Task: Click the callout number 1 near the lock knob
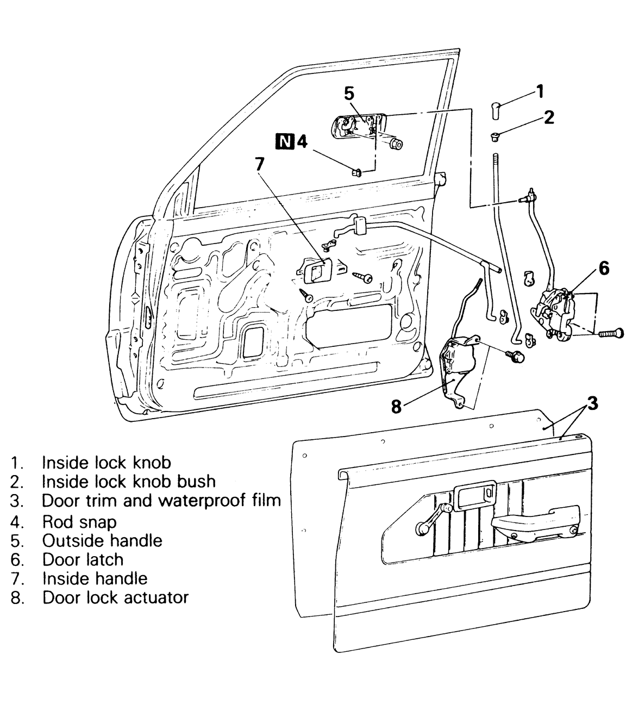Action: coord(539,91)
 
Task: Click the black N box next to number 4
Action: coord(284,141)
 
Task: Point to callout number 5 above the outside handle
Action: coord(349,94)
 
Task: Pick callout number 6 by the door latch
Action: coord(604,269)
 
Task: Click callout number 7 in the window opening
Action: coord(260,163)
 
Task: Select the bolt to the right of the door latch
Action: coord(609,332)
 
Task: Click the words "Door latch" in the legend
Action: coord(83,559)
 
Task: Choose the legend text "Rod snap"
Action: coord(79,522)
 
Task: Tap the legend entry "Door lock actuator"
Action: coord(115,597)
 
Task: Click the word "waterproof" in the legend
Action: coord(196,500)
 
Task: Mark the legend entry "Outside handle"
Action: coord(102,541)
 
